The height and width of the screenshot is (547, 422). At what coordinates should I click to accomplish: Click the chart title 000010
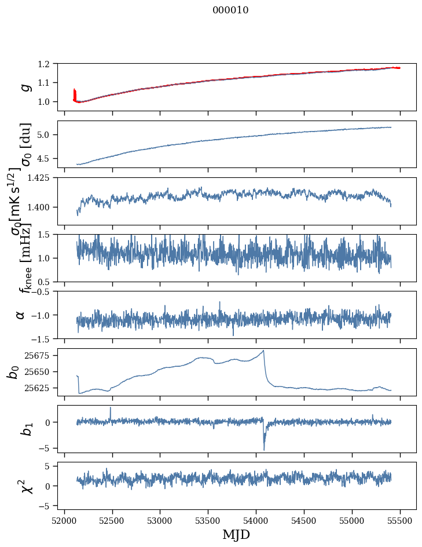[x=230, y=10]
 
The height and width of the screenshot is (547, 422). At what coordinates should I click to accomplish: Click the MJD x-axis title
[x=236, y=534]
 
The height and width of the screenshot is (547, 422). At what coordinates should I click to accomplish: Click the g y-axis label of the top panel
[x=25, y=87]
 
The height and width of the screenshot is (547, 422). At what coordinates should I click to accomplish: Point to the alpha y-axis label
[x=20, y=315]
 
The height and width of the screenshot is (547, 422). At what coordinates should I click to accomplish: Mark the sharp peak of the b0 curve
[x=263, y=351]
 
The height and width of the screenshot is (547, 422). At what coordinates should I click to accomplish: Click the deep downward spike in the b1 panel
[x=264, y=449]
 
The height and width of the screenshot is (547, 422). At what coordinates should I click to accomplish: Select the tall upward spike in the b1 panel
[x=111, y=407]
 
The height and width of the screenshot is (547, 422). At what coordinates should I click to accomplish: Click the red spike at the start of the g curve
[x=75, y=93]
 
